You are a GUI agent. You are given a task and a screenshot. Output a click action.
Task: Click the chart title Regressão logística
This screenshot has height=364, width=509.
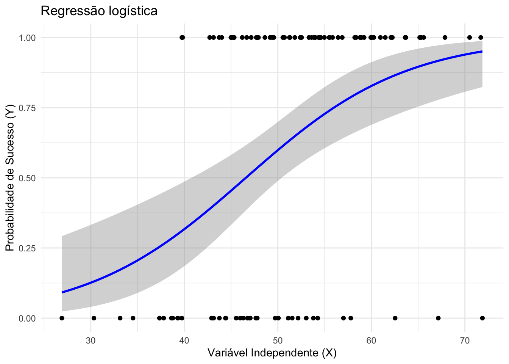[x=99, y=11]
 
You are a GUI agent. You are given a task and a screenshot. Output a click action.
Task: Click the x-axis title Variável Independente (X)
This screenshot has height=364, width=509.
[x=272, y=353]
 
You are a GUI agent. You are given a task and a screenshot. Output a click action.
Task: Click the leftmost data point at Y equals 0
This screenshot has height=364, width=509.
[x=62, y=318]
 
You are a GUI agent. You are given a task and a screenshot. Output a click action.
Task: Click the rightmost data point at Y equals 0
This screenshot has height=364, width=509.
[x=482, y=318]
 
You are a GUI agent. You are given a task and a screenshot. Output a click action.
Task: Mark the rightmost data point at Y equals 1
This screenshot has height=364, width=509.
[x=481, y=38]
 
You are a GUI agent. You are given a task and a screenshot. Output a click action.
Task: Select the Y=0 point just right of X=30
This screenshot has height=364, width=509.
[x=94, y=318]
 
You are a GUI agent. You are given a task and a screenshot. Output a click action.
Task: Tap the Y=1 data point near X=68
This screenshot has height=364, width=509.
[x=445, y=38]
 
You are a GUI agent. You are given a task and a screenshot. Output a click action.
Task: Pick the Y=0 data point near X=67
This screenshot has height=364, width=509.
[x=438, y=318]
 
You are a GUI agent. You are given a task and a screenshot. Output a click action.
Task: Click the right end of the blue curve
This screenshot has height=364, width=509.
[x=482, y=51]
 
